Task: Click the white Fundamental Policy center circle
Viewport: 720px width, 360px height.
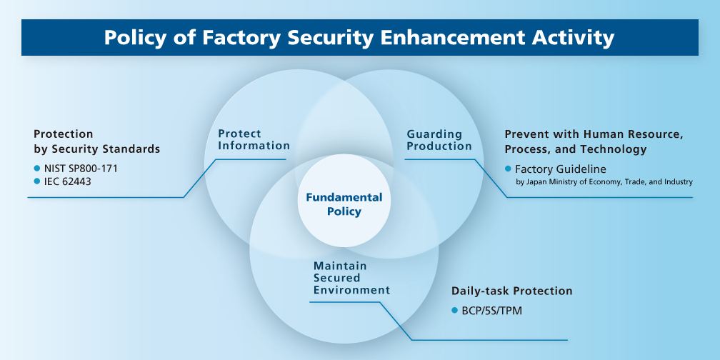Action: tap(344, 204)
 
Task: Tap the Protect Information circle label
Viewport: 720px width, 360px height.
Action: tap(254, 139)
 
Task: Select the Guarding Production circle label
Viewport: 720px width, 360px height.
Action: tap(439, 140)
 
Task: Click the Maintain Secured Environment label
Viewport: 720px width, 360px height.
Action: tap(351, 278)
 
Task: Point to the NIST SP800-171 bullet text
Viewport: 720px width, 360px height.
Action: tap(81, 168)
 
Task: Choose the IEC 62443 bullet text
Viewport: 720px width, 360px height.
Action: tap(67, 181)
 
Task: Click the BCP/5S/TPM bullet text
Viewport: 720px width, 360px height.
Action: tap(486, 311)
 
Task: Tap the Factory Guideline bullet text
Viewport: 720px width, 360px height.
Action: tap(560, 169)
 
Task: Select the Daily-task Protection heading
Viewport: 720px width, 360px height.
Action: tap(511, 291)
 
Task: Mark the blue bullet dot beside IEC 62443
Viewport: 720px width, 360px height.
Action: tap(37, 181)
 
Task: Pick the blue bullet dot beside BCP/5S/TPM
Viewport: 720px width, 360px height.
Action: tap(455, 311)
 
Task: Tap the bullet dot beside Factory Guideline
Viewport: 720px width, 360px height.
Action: tap(509, 169)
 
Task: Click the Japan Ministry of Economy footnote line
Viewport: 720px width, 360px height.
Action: tap(604, 182)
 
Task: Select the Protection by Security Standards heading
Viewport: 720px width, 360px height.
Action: tap(96, 141)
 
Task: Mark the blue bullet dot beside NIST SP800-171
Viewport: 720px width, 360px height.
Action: tap(37, 168)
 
